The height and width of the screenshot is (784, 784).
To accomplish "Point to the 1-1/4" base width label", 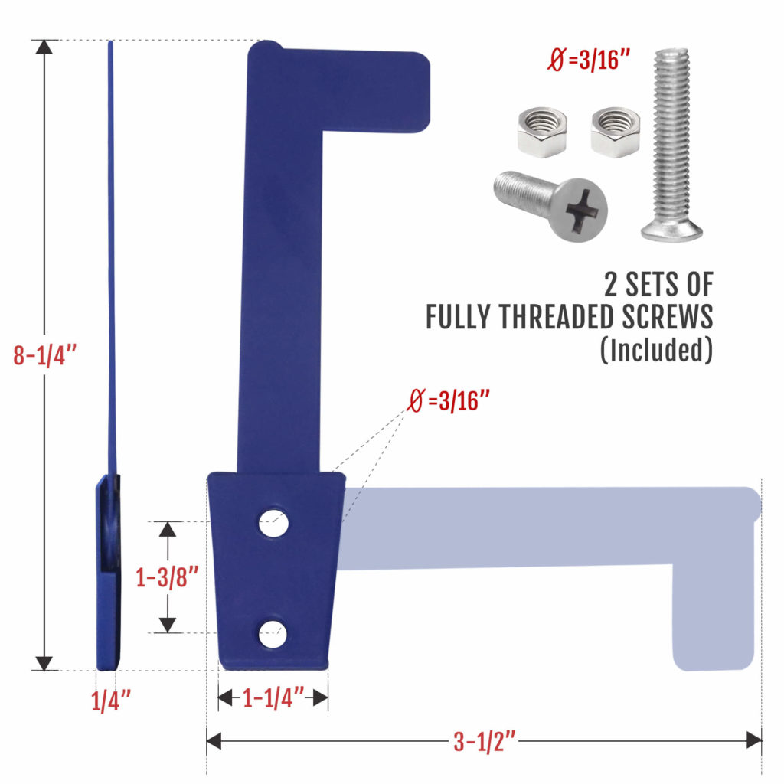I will tap(273, 697).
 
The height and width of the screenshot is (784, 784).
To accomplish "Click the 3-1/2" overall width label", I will tap(484, 741).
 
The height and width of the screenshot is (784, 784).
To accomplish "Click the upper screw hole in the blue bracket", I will tap(273, 524).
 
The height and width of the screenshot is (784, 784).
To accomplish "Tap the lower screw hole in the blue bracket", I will tap(273, 633).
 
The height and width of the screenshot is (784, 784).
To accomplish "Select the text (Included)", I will tap(656, 350).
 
